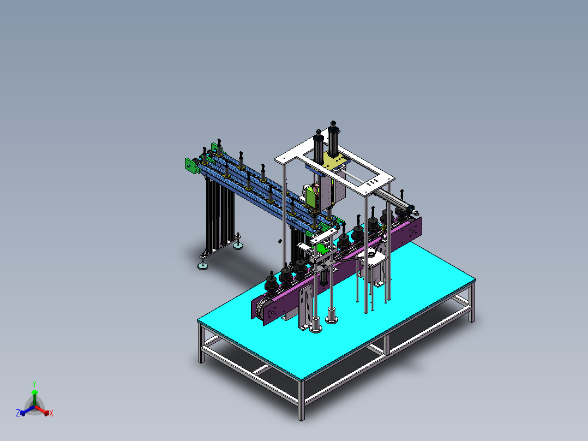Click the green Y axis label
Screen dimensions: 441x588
[34, 383]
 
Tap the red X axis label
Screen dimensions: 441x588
[51, 414]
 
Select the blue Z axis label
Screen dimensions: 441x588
[17, 414]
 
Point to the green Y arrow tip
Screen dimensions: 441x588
[34, 392]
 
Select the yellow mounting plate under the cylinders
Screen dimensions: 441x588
[336, 162]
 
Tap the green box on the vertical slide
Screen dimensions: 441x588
[312, 195]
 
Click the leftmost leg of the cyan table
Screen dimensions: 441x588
[201, 344]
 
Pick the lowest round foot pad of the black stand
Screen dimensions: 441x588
[203, 266]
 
